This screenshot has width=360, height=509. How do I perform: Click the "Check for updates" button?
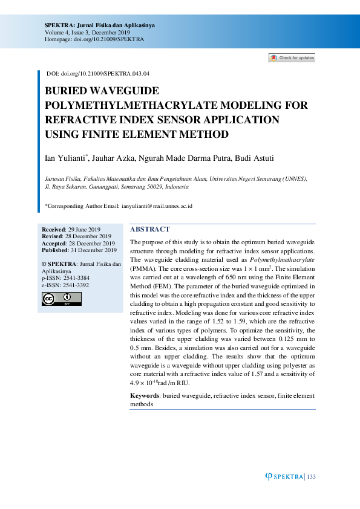292,58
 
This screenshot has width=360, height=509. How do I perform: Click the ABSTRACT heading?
150,230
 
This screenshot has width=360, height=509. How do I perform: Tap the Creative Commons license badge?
61,299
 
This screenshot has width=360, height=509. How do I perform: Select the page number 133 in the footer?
312,477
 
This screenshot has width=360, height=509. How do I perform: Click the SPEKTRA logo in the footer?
284,477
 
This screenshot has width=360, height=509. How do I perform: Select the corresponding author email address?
157,206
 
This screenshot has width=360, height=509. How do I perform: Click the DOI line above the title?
98,74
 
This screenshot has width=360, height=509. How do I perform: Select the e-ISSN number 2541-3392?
74,285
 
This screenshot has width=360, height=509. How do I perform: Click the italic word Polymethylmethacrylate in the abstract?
276,259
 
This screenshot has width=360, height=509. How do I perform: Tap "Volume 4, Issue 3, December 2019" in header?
87,32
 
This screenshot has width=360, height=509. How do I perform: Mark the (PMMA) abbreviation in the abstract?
143,267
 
